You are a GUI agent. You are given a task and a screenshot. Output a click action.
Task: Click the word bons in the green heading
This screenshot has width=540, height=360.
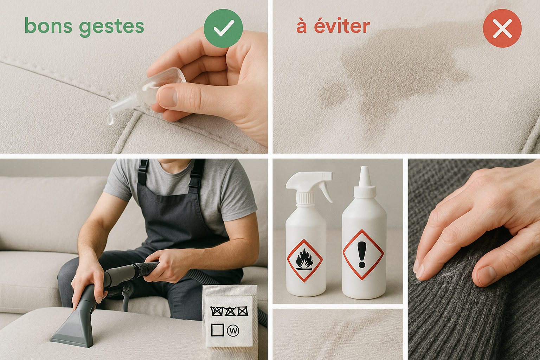coord(48,26)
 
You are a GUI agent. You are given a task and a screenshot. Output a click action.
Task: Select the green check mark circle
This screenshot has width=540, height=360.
coord(223,28)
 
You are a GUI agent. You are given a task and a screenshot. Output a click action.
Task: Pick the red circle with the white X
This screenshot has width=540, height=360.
coord(502,28)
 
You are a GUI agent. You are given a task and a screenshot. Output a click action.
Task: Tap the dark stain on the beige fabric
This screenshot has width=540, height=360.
coord(397,70)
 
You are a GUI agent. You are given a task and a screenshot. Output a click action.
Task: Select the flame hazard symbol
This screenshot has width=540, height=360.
coord(304,261)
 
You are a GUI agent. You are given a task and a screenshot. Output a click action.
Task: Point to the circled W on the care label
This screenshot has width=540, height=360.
coord(233,330)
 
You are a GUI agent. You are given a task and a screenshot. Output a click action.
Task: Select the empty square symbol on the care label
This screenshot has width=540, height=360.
coord(217,330)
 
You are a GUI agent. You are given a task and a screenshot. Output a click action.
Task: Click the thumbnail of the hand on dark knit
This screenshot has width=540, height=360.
coord(474,259)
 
